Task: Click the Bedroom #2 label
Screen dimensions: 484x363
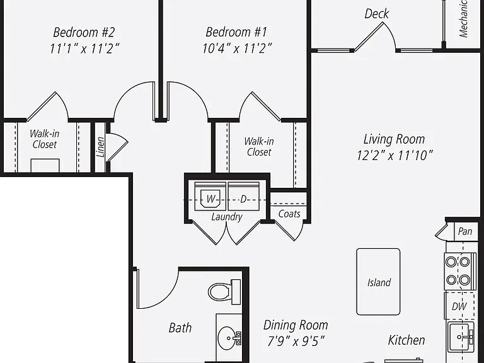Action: (x=84, y=32)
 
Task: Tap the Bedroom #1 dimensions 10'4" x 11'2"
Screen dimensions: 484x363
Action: (x=237, y=49)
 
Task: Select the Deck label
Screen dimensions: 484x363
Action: (x=377, y=14)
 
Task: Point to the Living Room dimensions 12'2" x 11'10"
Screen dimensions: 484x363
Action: (x=395, y=155)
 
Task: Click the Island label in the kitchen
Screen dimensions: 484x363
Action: (x=379, y=282)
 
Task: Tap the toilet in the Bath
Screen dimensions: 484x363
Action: (x=224, y=291)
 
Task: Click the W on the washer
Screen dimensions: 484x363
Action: (x=210, y=199)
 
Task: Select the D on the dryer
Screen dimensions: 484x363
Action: (x=243, y=199)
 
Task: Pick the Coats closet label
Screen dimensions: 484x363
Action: (x=289, y=214)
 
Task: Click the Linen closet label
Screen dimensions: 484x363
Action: (x=100, y=147)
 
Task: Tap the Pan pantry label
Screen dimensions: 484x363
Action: (x=465, y=231)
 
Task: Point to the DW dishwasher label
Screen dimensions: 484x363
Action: (x=459, y=306)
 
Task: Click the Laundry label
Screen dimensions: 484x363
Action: (x=227, y=217)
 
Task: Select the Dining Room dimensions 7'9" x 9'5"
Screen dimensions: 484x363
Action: (x=296, y=342)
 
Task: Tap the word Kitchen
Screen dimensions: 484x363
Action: (x=406, y=340)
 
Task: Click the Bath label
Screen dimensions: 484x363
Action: (x=180, y=328)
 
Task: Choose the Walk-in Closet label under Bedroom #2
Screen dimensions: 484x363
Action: (x=45, y=139)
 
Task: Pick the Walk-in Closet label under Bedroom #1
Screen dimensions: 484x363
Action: (x=259, y=147)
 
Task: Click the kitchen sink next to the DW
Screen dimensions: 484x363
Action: (x=461, y=337)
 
